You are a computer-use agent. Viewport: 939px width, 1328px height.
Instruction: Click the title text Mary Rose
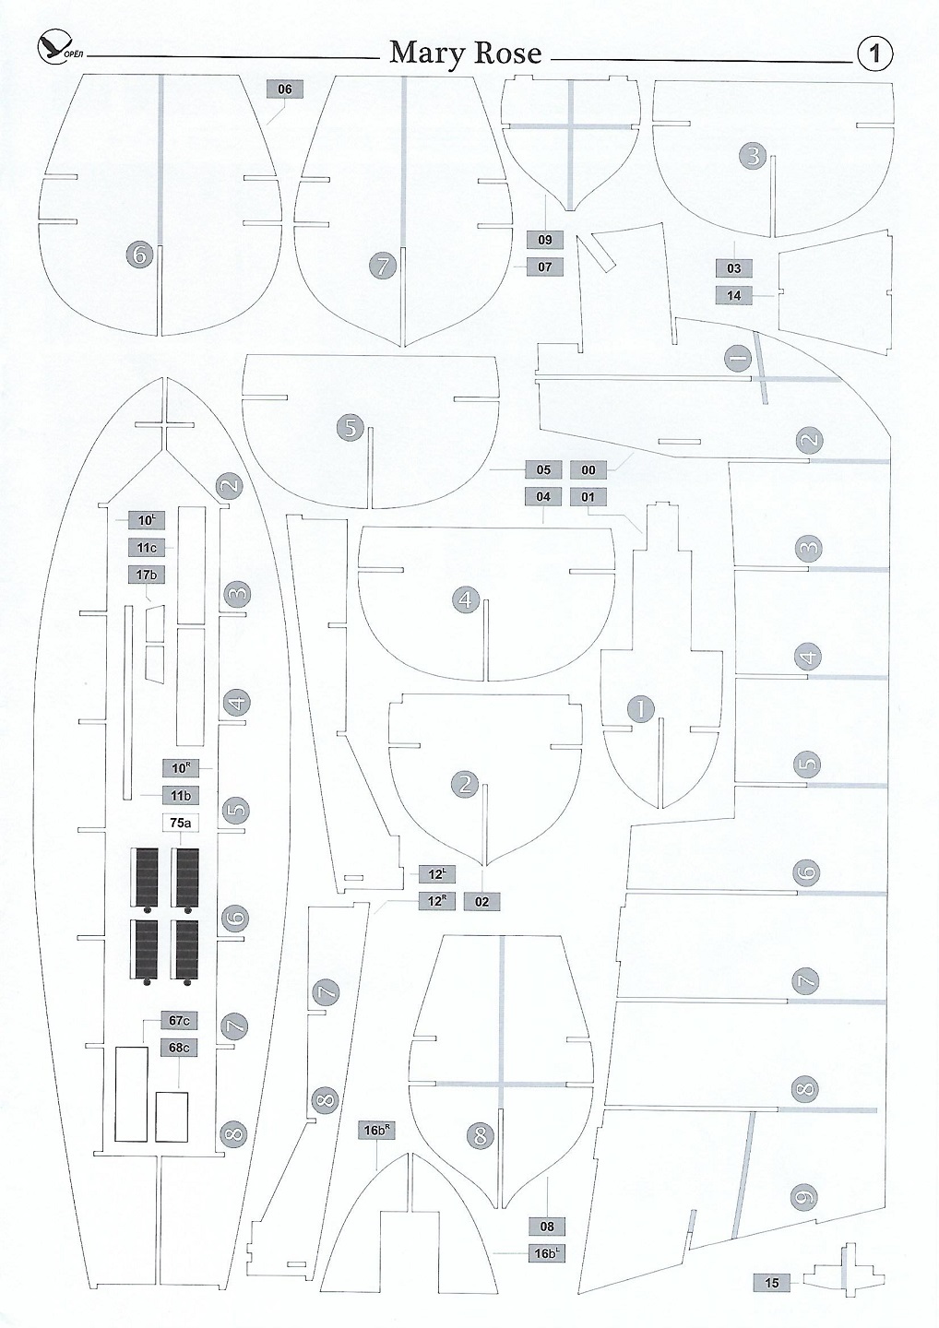pos(465,53)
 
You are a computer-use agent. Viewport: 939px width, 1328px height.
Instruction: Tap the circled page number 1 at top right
pos(874,53)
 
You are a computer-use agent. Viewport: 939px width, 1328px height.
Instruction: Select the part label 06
pos(284,89)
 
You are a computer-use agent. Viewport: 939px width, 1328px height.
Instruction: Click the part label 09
pos(544,240)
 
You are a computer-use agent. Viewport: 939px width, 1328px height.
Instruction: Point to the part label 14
pos(734,296)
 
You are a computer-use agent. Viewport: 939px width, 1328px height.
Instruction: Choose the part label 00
pos(588,470)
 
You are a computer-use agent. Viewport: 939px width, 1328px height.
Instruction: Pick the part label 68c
pos(180,1048)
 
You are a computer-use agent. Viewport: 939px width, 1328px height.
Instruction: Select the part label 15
pos(772,1283)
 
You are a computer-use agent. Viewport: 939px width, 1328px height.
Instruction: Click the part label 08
pos(548,1227)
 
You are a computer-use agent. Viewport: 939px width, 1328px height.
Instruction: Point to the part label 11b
pos(180,795)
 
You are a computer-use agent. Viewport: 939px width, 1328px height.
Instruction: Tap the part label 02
pos(482,902)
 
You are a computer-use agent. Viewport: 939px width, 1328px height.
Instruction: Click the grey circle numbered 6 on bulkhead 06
pos(140,254)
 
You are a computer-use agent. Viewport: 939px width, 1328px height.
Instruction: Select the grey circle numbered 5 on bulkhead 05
pos(351,428)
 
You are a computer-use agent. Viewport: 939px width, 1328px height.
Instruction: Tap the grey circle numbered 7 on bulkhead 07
pos(383,266)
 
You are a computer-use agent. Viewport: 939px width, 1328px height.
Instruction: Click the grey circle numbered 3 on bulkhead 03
pos(753,156)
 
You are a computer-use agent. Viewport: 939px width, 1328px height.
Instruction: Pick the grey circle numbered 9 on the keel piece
pos(804,1198)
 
